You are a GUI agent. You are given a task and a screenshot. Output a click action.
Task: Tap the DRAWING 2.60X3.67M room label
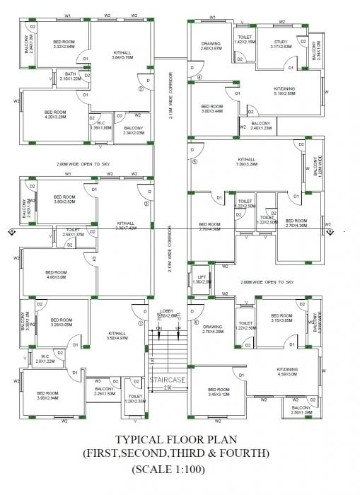tap(211, 46)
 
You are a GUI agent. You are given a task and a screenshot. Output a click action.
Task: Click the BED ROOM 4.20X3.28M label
tap(55, 115)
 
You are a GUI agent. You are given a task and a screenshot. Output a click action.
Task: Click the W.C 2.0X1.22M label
tap(45, 359)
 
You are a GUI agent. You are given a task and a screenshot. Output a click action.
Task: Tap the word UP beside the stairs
tap(178, 329)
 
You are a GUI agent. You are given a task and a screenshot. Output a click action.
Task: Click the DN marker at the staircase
tap(158, 329)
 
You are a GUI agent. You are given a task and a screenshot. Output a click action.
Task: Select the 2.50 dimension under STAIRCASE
tap(168, 388)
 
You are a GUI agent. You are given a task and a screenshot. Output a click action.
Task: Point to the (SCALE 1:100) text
tap(180, 469)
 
